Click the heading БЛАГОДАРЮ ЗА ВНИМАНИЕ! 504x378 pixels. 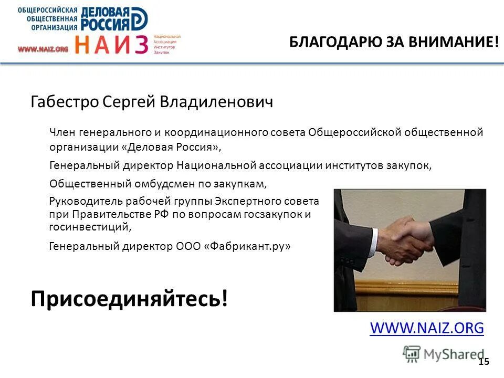pos(394,43)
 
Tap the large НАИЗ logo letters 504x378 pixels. pos(111,45)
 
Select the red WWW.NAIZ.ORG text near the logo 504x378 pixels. pos(43,49)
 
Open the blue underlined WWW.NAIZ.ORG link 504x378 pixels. pos(426,328)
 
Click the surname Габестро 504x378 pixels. pos(65,101)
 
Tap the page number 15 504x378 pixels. pos(484,361)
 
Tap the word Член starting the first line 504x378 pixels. pos(62,132)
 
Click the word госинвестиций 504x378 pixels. pos(88,227)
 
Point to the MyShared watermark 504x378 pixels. pos(444,353)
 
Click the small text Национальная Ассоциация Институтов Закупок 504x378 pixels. pos(167,45)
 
